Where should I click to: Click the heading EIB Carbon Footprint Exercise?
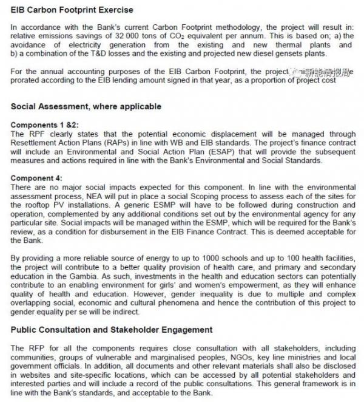coord(72,10)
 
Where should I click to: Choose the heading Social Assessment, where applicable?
coord(86,106)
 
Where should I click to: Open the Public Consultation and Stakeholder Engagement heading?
coord(112,330)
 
